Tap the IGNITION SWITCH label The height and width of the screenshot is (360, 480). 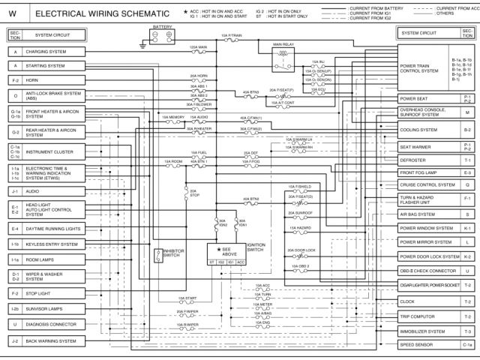click(256, 247)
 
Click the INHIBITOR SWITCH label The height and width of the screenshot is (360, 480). click(173, 254)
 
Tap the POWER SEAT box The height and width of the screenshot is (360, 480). click(428, 98)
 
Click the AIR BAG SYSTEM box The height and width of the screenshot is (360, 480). click(428, 214)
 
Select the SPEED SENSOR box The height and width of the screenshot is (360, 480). click(428, 344)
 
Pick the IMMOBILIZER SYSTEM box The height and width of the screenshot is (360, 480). click(428, 331)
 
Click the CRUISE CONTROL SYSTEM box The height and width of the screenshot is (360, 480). click(428, 184)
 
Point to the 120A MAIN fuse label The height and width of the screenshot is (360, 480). click(198, 46)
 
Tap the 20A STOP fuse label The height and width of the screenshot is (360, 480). click(193, 192)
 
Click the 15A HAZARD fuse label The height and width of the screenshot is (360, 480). click(303, 228)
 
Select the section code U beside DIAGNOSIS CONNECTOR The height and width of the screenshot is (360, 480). click(15, 325)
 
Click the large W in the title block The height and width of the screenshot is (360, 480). click(13, 13)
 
